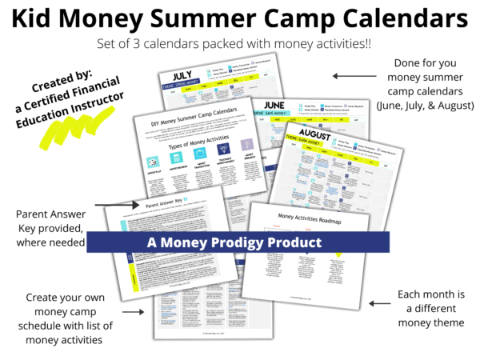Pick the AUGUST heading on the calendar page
pos(301,131)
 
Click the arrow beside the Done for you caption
pos(355,76)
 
